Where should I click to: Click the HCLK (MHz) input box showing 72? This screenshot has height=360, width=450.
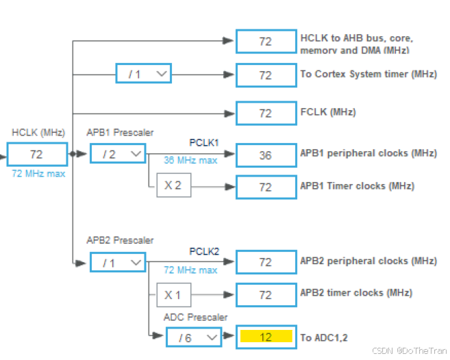click(37, 155)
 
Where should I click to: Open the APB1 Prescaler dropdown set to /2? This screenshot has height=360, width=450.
click(118, 154)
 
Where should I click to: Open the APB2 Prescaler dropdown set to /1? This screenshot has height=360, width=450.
click(118, 261)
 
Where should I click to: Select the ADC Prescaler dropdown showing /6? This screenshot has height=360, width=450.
click(193, 337)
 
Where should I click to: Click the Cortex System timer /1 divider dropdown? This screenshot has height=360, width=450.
click(143, 74)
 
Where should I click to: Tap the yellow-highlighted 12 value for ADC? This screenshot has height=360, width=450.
click(266, 337)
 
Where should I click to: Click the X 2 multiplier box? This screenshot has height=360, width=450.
click(173, 185)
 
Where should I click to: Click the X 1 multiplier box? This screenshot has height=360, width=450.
click(173, 295)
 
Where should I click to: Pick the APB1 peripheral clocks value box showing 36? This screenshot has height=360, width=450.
click(266, 155)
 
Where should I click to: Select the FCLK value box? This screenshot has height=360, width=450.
click(266, 112)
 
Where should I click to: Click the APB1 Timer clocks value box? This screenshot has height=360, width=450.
click(266, 187)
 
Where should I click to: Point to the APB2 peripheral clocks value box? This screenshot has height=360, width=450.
click(266, 262)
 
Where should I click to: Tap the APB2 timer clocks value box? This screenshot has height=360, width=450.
click(266, 295)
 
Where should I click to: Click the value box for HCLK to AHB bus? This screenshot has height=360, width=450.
click(266, 41)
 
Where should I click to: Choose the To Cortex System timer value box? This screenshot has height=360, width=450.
click(266, 75)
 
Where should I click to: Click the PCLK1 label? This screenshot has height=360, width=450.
click(203, 143)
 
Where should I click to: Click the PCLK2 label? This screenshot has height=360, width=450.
click(203, 251)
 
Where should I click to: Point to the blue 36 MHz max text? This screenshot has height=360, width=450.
click(190, 160)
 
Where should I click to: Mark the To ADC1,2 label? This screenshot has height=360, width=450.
click(325, 337)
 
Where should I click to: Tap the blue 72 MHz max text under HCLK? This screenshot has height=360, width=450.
click(38, 174)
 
